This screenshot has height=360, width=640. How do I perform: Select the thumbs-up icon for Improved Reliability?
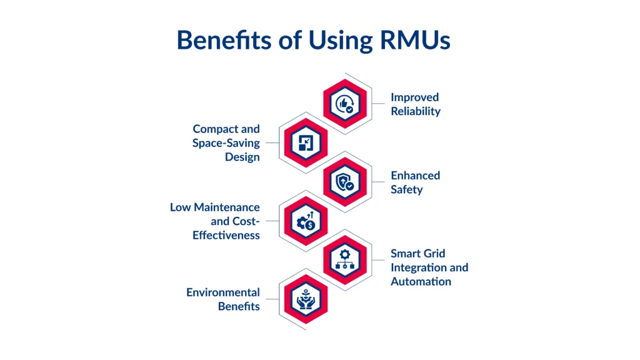point(345,104)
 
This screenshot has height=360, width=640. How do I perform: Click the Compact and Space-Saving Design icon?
point(306,142)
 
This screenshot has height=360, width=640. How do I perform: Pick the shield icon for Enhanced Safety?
point(345,182)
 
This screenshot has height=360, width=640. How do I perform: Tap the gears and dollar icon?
point(306,221)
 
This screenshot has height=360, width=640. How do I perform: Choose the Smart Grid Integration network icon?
point(345,260)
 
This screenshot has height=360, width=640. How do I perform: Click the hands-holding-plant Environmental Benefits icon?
point(306,299)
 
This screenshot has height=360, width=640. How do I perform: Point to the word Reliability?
point(416,111)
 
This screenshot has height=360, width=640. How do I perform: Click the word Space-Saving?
point(226,143)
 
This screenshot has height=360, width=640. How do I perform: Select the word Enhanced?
point(416,176)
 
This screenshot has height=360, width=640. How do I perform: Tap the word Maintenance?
point(227,207)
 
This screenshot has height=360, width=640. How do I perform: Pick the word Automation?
point(421,281)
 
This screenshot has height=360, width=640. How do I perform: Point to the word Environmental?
point(223,292)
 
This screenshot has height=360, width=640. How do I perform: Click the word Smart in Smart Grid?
point(405,254)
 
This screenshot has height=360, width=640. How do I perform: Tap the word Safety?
point(407,189)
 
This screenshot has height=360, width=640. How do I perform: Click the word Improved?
point(415,97)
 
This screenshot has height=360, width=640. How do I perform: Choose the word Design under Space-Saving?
point(242,157)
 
